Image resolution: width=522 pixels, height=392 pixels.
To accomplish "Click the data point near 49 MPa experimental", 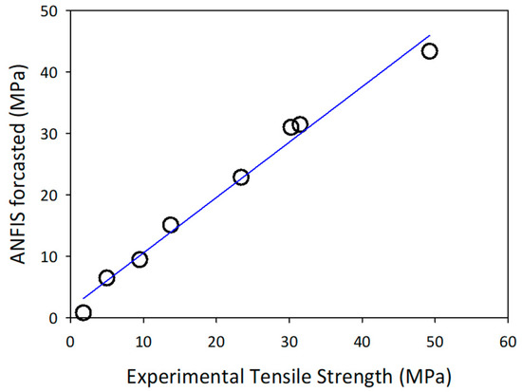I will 429,50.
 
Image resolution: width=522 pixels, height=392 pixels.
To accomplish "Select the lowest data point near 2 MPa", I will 84,312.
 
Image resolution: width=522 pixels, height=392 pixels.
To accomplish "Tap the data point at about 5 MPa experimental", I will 106,278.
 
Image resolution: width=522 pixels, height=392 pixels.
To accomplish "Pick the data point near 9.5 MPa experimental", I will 140,259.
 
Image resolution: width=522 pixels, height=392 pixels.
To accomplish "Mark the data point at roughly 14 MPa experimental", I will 171,225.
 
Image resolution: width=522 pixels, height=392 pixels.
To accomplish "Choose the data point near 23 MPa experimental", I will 241,177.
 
